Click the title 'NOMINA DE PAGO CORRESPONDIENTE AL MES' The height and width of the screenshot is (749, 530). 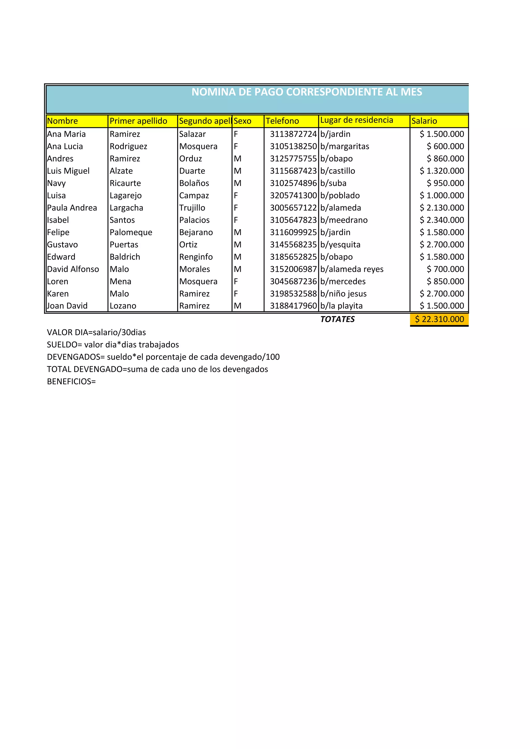306,92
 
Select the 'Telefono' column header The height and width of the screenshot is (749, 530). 282,121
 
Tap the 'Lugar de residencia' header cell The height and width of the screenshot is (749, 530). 357,120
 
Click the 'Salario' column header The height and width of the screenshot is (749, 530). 424,121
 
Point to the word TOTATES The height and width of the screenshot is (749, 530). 337,319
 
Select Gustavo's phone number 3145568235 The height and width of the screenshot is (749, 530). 293,245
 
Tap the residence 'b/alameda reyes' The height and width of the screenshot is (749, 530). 352,269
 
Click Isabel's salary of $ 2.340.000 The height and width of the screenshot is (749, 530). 442,220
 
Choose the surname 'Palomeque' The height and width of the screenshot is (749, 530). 131,232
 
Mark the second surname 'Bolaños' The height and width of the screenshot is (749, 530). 194,183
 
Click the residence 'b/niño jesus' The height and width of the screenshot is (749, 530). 343,294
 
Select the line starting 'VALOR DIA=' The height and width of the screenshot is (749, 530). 96,332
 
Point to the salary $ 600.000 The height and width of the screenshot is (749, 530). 445,146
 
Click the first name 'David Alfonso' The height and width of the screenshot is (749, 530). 73,269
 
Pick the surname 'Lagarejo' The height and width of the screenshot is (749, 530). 126,196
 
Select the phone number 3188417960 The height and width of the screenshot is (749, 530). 293,306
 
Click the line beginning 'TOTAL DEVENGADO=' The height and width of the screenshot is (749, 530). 157,369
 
